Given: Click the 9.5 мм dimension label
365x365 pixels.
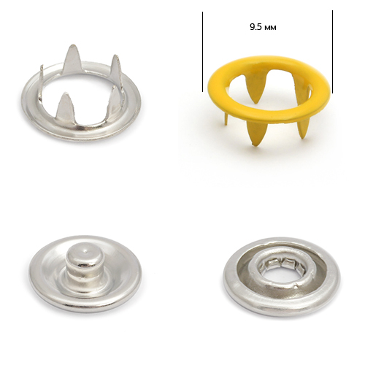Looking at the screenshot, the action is tap(263, 27).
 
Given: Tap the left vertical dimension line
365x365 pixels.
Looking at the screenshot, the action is tap(202, 52).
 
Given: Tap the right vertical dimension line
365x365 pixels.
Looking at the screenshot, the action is tap(332, 52).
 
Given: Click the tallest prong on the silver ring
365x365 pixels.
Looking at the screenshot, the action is tap(71, 59).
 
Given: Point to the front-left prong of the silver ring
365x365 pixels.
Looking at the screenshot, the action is tap(63, 105).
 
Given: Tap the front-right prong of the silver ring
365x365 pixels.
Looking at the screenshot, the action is tap(114, 99).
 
